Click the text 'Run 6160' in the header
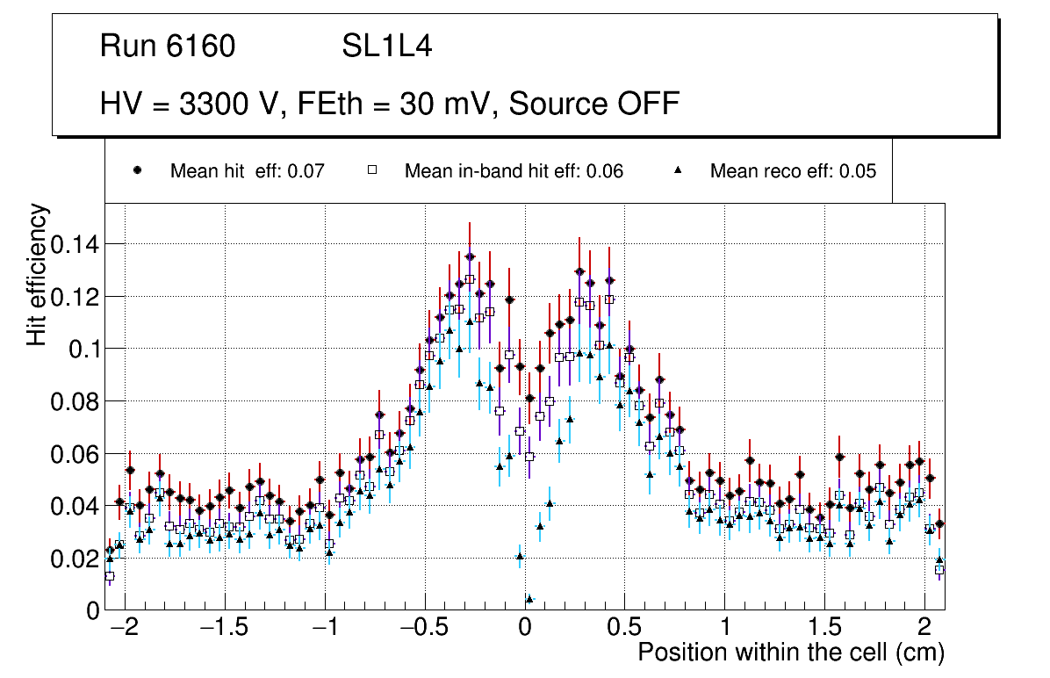tap(168, 47)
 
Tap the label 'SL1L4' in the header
tap(386, 47)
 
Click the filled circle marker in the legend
tap(137, 170)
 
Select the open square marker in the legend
tap(371, 170)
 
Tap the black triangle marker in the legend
tap(678, 170)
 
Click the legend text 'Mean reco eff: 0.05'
tap(793, 171)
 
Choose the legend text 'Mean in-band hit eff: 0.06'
tap(514, 171)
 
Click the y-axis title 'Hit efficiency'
tap(37, 274)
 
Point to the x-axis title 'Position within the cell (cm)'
tap(790, 653)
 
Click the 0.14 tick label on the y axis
tap(74, 244)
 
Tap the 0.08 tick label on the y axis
tap(74, 401)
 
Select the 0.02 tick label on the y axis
tap(74, 559)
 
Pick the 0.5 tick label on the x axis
tap(625, 629)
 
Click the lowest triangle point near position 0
tap(529, 599)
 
